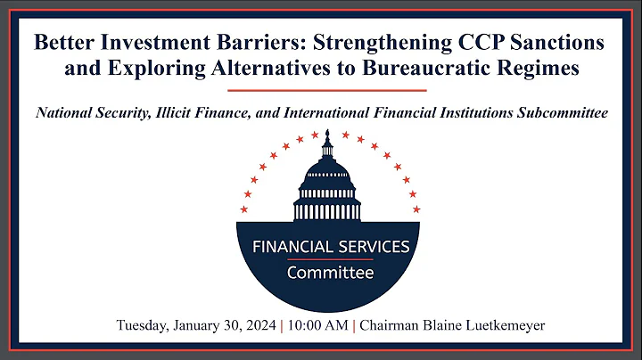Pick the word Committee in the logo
[x=330, y=273]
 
